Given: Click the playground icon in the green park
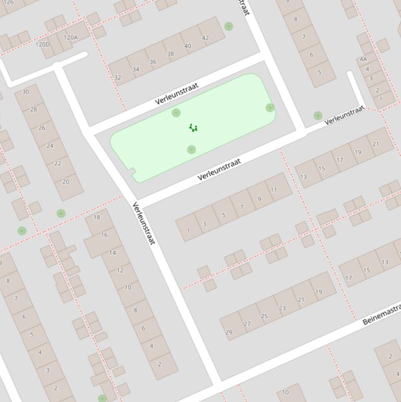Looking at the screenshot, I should coord(193,127).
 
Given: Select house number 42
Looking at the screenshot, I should coord(205,38).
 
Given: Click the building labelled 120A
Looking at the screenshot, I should coord(70,37).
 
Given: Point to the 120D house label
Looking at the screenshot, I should coord(42,44).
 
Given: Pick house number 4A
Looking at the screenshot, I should coord(362,59).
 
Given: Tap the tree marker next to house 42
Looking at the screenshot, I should coord(228,26).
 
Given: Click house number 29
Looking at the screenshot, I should coord(228,332).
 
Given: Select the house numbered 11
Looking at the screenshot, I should coord(274,190).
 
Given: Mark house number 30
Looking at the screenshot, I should coord(26,91).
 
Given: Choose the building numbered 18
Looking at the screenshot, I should coord(96,217).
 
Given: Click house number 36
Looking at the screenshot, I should coord(153,62).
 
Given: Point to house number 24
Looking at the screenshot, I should coord(50,146).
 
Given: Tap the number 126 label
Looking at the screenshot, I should coord(9,2).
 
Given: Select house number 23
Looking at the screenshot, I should coord(282,308).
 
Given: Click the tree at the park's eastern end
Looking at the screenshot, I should coord(270,108).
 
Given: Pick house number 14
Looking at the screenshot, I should coord(112,253).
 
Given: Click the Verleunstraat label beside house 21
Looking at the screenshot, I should coord(344,115).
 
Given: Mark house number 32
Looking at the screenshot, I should coord(117,77).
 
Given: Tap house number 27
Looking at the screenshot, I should coord(247,324).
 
